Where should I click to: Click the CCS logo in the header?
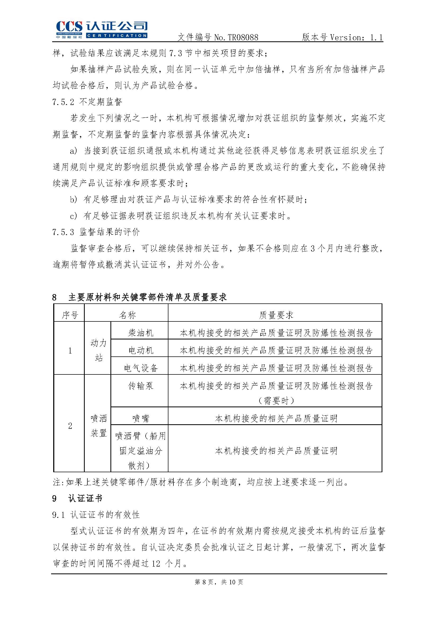click(101, 29)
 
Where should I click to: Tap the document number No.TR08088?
click(236, 37)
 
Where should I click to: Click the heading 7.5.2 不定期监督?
click(87, 102)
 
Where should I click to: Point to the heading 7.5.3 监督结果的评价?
click(96, 232)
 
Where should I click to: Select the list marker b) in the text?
click(74, 200)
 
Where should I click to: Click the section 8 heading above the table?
click(139, 297)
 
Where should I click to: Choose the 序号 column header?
click(70, 315)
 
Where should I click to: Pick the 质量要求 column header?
click(276, 315)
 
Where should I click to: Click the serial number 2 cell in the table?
click(70, 426)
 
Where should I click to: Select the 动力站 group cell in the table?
click(99, 350)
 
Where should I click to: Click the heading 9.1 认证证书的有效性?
click(96, 515)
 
